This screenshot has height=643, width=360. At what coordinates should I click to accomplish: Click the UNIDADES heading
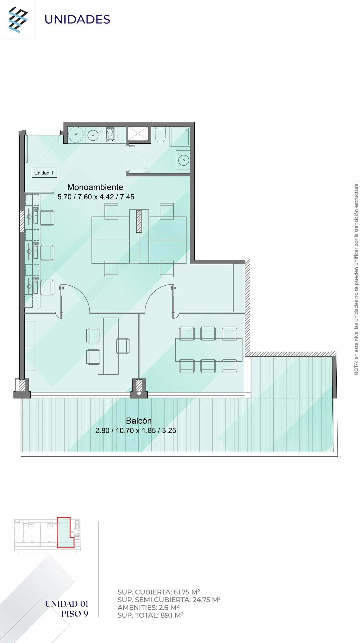(77, 19)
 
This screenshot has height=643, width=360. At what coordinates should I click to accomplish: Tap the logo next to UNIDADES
(18, 20)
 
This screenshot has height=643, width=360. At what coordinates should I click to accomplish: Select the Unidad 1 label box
(44, 173)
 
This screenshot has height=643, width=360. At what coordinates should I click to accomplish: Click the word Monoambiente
(95, 187)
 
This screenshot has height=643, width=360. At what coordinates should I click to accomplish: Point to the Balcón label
(139, 421)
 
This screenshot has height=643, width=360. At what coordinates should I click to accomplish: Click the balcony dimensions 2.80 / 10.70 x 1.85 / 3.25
(136, 430)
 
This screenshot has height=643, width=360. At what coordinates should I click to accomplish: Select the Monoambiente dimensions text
(96, 197)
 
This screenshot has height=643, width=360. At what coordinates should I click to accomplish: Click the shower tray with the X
(138, 134)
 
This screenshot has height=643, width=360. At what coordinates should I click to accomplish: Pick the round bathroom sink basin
(184, 160)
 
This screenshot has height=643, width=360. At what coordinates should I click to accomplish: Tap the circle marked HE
(76, 134)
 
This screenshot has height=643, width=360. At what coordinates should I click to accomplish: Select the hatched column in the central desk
(139, 221)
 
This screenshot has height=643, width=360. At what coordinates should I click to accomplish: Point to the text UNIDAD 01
(67, 604)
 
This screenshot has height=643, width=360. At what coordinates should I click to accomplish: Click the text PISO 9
(75, 613)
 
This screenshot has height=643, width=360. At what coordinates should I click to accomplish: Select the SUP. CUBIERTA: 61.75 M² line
(159, 592)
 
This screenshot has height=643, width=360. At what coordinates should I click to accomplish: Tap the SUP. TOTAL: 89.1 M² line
(150, 615)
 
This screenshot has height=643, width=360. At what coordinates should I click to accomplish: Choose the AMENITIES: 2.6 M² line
(148, 607)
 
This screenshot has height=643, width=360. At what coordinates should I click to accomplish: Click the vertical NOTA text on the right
(356, 278)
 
